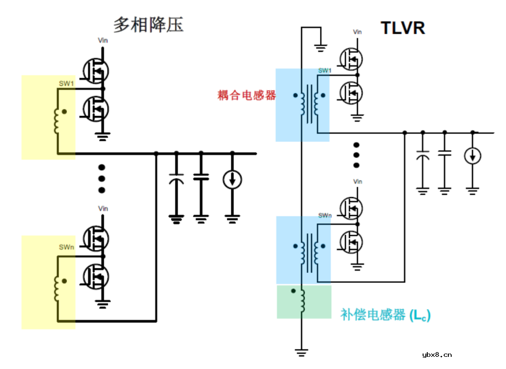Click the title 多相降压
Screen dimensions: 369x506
[148, 24]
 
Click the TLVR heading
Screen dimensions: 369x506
[402, 28]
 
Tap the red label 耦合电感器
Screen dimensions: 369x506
[246, 96]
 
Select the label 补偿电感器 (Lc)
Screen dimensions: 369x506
[385, 315]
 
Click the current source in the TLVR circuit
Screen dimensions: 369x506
[472, 155]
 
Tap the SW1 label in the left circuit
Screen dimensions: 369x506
[66, 83]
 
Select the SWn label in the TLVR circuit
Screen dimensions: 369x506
[325, 215]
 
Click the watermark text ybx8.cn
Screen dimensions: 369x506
[437, 354]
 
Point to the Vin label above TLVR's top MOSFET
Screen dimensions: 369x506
[357, 32]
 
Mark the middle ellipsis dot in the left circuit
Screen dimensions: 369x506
[102, 178]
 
